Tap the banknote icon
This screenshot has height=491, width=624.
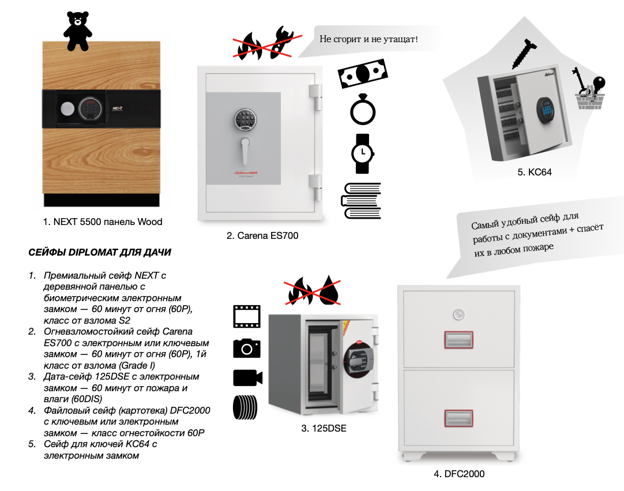[x=363, y=73]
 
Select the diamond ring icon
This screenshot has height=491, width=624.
[x=363, y=110]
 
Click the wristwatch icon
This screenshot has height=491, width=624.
[x=363, y=153]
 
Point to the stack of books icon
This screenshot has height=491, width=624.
[x=361, y=201]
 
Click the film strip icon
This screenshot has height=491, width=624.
[x=247, y=316]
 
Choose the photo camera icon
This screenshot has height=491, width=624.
[x=247, y=348]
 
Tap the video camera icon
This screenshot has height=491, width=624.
[x=247, y=377]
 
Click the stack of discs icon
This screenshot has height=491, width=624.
[x=245, y=407]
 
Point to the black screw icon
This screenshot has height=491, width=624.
[x=524, y=53]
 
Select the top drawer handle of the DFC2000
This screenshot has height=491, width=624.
[x=458, y=340]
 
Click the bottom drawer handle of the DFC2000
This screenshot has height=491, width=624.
[x=458, y=418]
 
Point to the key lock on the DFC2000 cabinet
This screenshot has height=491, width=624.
[x=458, y=315]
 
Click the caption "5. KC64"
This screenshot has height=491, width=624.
[x=535, y=173]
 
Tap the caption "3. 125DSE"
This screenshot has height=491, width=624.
[x=324, y=429]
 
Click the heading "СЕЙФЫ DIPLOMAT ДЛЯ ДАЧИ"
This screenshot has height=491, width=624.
[x=100, y=253]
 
